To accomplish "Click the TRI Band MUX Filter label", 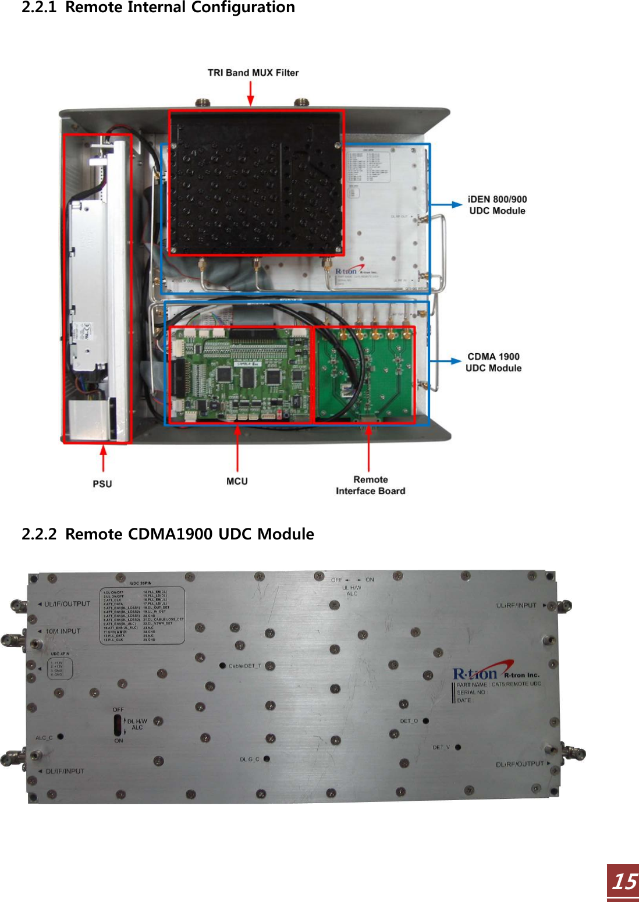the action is pos(253,73).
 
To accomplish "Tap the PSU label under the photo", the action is pos(102,484).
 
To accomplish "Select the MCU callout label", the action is pos(237,481).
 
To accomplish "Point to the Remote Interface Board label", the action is pos(370,485).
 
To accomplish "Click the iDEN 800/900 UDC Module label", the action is pos(497,205).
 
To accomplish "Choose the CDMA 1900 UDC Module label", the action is pos(494,362).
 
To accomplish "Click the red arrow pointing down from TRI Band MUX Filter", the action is pos(251,93).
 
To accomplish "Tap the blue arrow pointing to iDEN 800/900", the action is pos(446,204).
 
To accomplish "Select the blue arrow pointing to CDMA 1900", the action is pos(445,361).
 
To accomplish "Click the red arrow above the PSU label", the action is pos(104,458).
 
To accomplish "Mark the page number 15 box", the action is pos(623,882).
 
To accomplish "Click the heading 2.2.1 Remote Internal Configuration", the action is pos(158,8).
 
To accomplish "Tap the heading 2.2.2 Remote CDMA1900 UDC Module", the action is pos(168,534).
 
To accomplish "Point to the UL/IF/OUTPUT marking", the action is pos(67,604).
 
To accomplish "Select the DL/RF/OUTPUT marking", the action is pos(520,764).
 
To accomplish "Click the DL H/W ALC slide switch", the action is pos(118,725).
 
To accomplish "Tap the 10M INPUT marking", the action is pos(63,631).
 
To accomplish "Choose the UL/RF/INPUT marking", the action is pos(516,605).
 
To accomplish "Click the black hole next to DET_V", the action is pos(458,747).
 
